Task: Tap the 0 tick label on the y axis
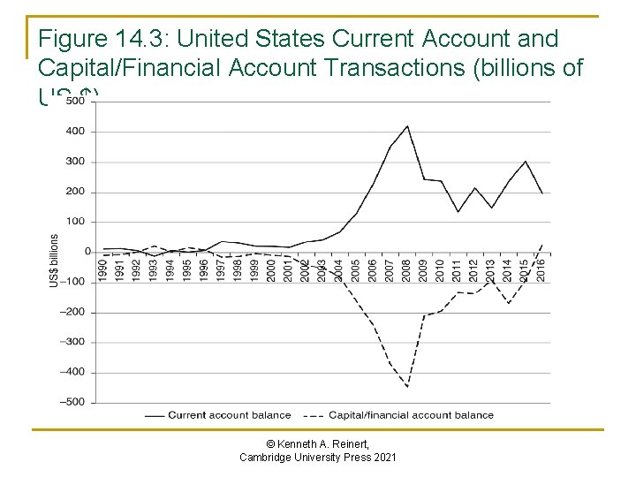(x=87, y=252)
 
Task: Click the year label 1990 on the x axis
(x=103, y=269)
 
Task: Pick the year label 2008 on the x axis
(x=406, y=269)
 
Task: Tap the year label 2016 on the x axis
(x=541, y=269)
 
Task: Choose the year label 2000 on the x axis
(x=271, y=269)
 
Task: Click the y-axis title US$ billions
(x=54, y=260)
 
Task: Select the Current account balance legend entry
(x=230, y=415)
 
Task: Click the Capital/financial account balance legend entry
(x=411, y=415)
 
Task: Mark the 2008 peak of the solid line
(x=407, y=125)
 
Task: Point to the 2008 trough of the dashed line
(x=407, y=387)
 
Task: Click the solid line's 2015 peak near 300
(x=526, y=162)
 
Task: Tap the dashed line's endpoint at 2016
(x=542, y=244)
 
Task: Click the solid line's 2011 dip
(x=458, y=212)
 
